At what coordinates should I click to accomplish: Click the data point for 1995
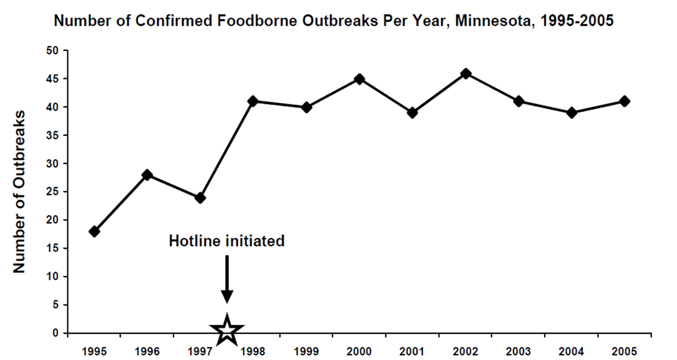coord(94,231)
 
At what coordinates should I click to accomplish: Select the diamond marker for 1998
coord(253,102)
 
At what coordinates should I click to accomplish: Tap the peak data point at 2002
coord(466,73)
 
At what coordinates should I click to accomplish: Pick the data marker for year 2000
coord(360,79)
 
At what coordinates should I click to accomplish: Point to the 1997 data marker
coord(200,198)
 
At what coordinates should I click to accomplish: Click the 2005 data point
coord(625,102)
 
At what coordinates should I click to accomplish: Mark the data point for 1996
coord(147,175)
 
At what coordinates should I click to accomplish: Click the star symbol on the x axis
coord(227,329)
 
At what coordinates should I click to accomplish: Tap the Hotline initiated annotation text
coord(227,241)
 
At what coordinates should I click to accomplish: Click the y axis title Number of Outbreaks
coord(19,192)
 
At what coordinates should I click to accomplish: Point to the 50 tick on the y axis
coord(52,51)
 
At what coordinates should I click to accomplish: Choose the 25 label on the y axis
coord(52,192)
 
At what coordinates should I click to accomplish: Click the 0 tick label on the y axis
coord(55,333)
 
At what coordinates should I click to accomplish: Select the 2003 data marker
coord(519,102)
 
